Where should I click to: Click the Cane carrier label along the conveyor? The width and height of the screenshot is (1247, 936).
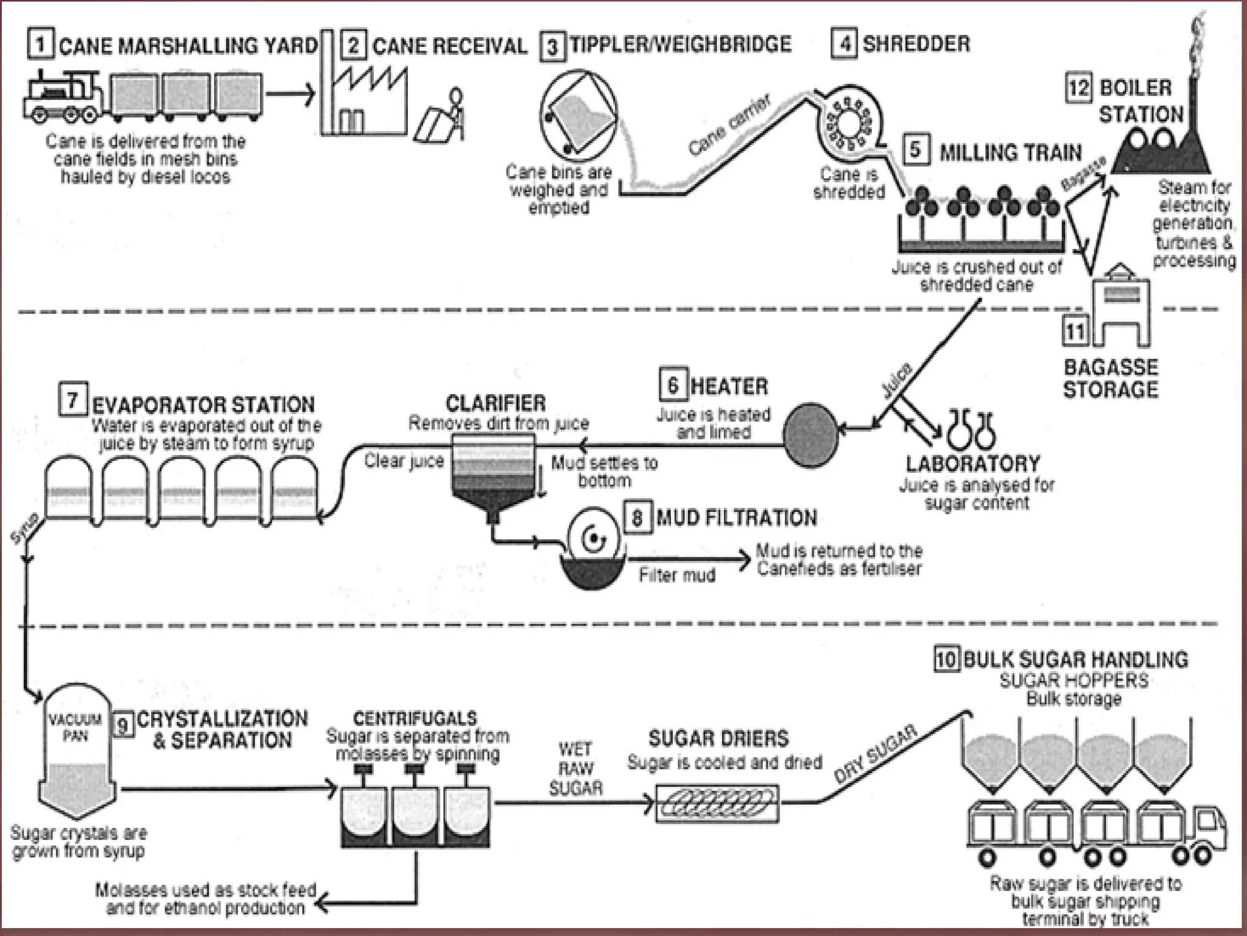point(729,125)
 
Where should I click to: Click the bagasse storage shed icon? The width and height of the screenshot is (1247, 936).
point(1121,308)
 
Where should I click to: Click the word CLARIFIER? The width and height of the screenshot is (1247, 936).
point(496,403)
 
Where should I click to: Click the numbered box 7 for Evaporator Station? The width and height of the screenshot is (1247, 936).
point(72,400)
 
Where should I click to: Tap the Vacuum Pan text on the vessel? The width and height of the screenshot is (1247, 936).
point(76,728)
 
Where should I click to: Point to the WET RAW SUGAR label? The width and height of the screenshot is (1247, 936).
point(575,769)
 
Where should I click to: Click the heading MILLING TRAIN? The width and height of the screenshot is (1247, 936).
point(1010,152)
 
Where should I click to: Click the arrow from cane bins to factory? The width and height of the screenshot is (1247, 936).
point(289,94)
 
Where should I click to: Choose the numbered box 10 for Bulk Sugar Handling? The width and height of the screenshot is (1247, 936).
point(946,659)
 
